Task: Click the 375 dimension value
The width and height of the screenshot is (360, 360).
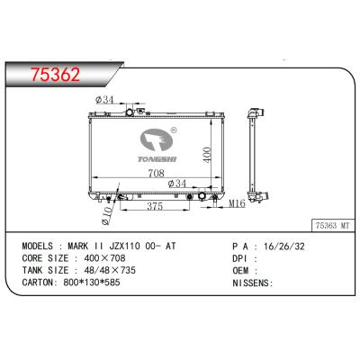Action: [157, 206]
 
